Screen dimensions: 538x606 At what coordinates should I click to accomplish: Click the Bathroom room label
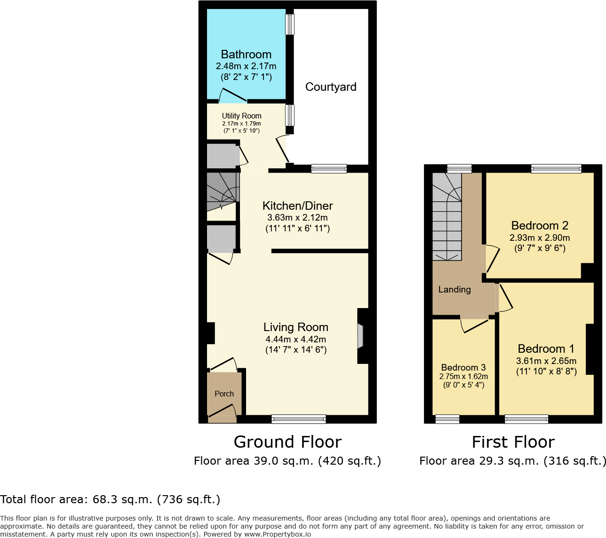click(x=246, y=55)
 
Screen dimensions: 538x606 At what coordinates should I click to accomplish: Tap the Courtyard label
click(x=331, y=87)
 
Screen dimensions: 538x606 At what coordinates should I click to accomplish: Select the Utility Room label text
click(x=241, y=116)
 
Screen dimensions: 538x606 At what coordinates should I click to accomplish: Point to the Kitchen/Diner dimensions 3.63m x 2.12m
click(x=297, y=218)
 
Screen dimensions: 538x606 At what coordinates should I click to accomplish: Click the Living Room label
click(x=295, y=327)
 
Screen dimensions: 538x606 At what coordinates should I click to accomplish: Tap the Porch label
click(x=224, y=394)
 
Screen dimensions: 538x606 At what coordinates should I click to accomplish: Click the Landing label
click(x=454, y=290)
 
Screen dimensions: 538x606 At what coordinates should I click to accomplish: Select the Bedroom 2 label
click(x=540, y=226)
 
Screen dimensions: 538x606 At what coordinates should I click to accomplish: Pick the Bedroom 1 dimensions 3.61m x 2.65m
click(x=546, y=361)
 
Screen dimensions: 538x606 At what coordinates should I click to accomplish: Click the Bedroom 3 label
click(x=463, y=368)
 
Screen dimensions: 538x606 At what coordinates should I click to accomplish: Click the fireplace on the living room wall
click(x=360, y=336)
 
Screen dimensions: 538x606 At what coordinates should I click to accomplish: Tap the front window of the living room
click(x=298, y=419)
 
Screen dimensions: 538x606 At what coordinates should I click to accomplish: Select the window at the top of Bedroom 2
click(x=556, y=169)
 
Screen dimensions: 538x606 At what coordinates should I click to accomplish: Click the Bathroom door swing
click(x=232, y=96)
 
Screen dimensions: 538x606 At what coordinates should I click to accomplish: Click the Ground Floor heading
click(x=287, y=442)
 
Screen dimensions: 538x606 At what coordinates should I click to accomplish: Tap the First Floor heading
click(x=513, y=442)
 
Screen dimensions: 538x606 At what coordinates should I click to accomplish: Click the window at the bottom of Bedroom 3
click(x=447, y=419)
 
